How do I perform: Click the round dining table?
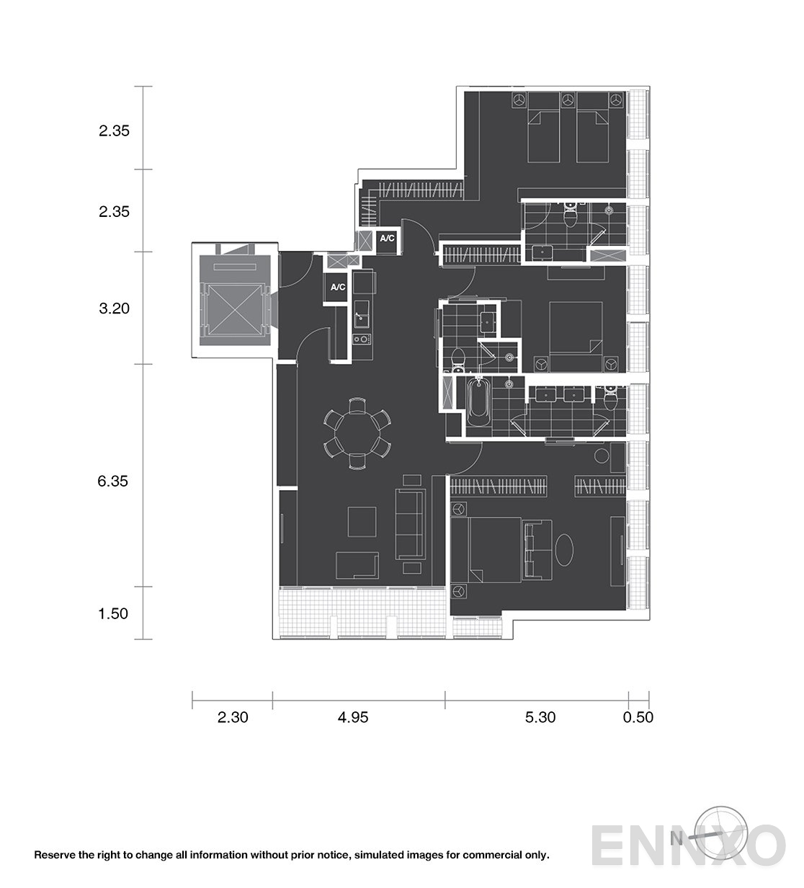[357, 433]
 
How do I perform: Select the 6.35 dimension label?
[113, 481]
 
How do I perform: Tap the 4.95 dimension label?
[353, 717]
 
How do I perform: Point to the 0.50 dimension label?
[638, 717]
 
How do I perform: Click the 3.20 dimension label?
[114, 308]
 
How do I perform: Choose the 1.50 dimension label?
[113, 613]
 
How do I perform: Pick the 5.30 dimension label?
[540, 717]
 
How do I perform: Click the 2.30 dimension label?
[233, 717]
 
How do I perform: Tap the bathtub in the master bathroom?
[479, 402]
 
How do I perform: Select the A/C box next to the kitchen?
[338, 288]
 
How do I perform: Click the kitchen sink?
[362, 315]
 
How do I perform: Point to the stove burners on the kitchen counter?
[362, 339]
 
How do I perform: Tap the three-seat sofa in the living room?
[410, 524]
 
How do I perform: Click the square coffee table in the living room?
[362, 522]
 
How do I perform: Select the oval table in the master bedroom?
[563, 550]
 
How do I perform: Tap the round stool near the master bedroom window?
[602, 456]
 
